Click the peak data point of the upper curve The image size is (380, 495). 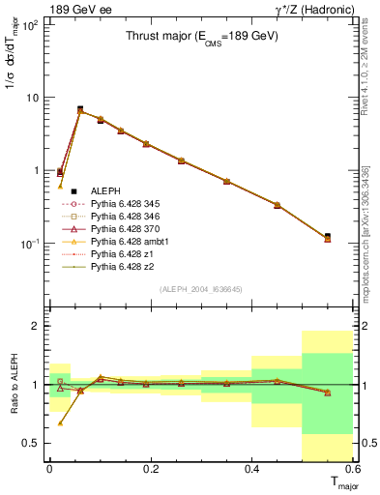coord(80,109)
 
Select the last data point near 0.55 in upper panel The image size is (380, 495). coord(328,237)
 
